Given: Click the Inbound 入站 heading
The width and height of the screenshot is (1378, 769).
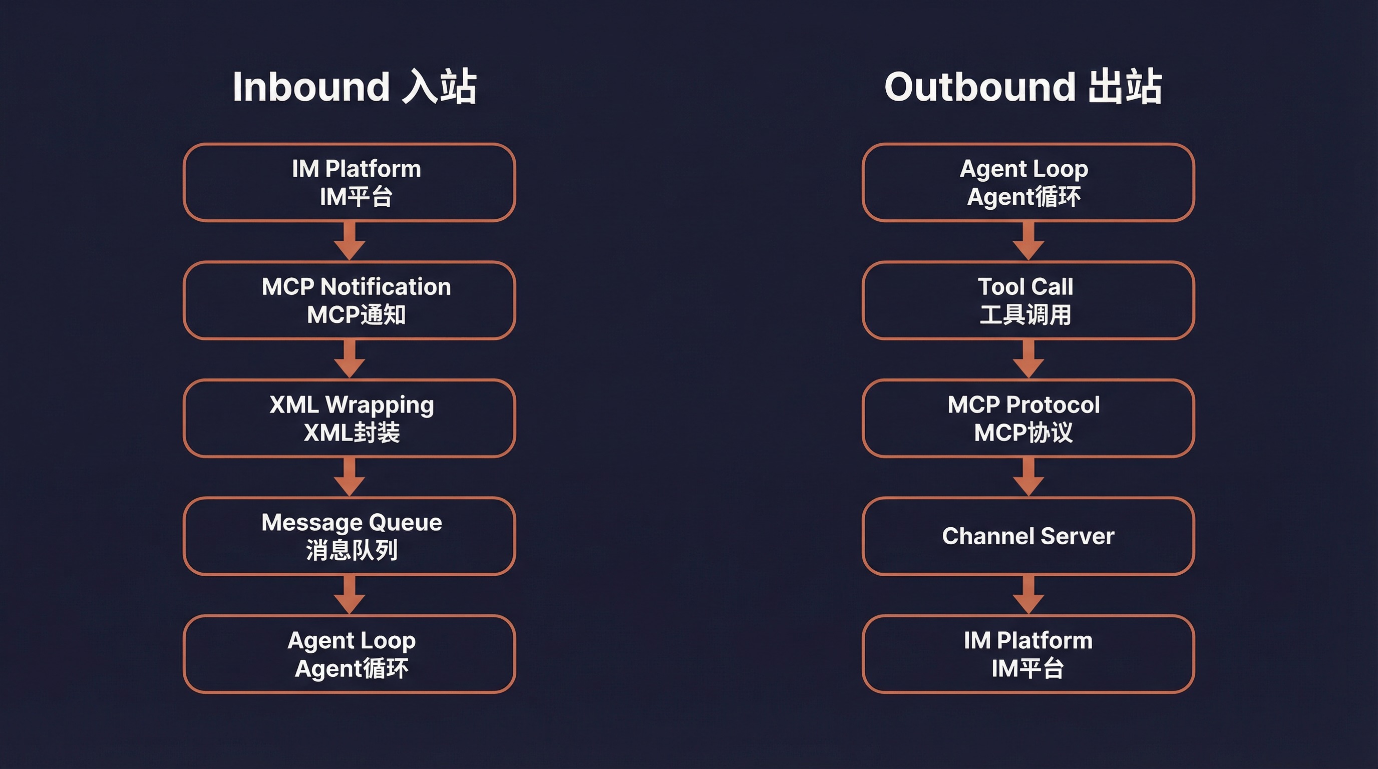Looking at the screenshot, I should click(x=355, y=87).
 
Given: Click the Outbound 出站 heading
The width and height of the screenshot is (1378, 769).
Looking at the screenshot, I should click(x=1023, y=87).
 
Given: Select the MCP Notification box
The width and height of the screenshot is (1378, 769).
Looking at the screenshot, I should click(x=350, y=300).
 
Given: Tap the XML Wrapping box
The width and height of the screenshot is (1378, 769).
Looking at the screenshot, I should click(x=350, y=418).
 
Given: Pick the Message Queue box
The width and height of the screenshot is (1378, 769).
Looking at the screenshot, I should click(x=350, y=536).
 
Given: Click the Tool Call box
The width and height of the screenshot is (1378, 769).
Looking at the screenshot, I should click(x=1028, y=300).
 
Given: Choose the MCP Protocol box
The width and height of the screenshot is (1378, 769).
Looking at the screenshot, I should click(x=1028, y=418).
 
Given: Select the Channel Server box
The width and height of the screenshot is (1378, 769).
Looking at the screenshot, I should click(x=1028, y=536).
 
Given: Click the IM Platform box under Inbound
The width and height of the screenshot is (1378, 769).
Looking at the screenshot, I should click(x=350, y=182).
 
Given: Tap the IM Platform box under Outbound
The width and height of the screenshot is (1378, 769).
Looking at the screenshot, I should click(x=1028, y=654).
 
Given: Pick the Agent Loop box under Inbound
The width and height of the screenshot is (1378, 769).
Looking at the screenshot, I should click(x=350, y=654).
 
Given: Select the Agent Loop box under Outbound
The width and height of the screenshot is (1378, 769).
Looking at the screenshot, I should click(x=1028, y=182).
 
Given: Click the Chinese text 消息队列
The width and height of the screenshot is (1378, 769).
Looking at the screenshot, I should click(x=352, y=550).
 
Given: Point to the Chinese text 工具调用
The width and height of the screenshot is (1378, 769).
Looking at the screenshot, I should click(x=1025, y=314).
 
